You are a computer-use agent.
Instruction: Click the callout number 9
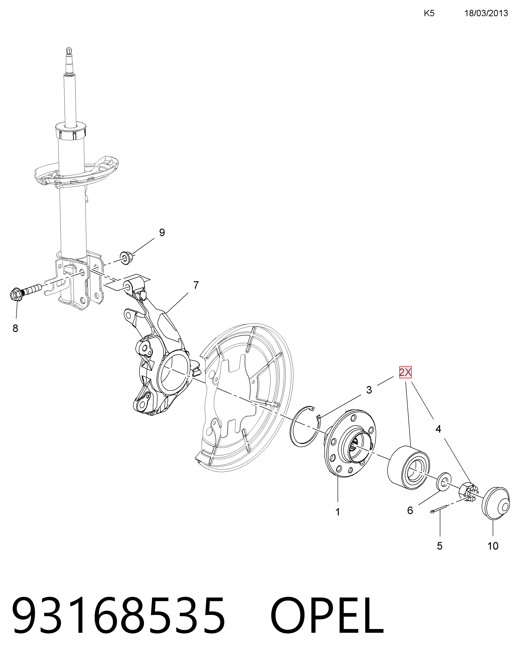[162, 232]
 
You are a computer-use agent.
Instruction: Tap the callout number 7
[196, 285]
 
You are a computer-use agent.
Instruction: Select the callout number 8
[15, 328]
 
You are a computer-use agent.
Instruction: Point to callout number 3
[369, 390]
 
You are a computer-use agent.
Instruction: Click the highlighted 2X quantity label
[405, 372]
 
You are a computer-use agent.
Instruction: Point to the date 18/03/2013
[486, 13]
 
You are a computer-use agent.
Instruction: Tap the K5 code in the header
[429, 13]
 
